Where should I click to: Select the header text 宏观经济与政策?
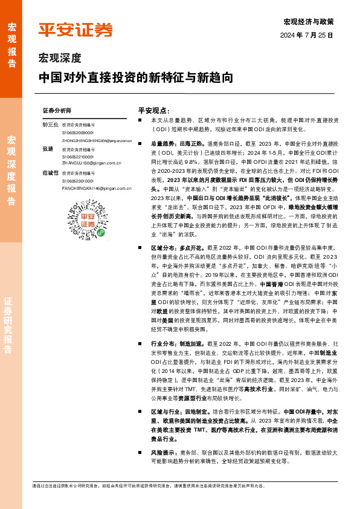[x=308, y=22]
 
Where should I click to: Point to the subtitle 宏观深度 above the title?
[x=59, y=59]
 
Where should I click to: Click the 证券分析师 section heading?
[x=57, y=111]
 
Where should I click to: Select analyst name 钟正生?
[x=49, y=124]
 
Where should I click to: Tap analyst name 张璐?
[x=47, y=148]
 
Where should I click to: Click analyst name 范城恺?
[x=49, y=173]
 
